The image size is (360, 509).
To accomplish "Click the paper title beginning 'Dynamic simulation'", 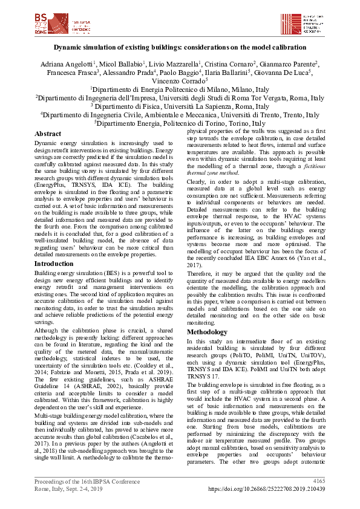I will [180, 47].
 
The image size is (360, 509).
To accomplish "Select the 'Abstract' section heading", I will [48, 134].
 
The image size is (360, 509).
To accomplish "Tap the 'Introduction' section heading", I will [54, 264].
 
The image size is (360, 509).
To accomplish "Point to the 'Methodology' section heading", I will [207, 332].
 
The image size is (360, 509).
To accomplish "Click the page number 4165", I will [318, 481].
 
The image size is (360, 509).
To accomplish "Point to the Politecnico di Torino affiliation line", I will [180, 123].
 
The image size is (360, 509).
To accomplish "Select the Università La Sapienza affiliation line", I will [180, 106].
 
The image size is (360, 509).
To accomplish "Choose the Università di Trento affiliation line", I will [180, 114].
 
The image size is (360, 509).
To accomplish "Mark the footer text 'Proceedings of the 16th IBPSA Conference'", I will [81, 481].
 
